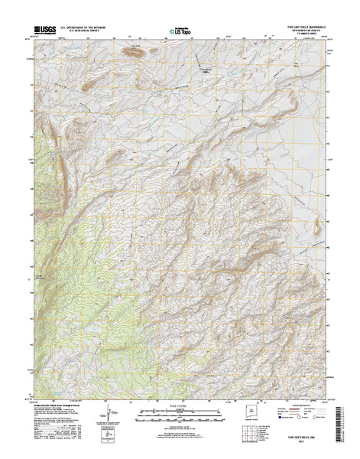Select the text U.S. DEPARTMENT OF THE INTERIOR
tap(88, 27)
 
